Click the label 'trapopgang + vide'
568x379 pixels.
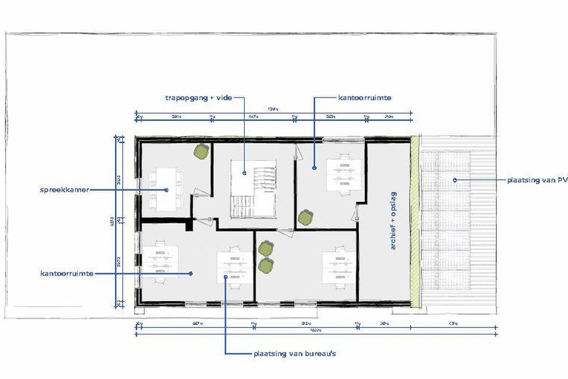click(x=199, y=97)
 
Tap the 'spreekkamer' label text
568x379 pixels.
click(x=65, y=189)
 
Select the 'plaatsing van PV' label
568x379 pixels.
click(x=537, y=179)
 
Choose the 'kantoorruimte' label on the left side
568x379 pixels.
click(x=66, y=273)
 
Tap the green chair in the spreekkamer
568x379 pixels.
click(x=202, y=151)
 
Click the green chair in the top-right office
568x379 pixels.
click(x=304, y=216)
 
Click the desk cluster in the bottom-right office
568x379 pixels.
click(x=335, y=267)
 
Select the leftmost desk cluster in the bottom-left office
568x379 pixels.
click(x=160, y=262)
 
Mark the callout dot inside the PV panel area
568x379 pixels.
click(x=454, y=179)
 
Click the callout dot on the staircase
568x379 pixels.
click(x=245, y=173)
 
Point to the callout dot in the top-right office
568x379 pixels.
click(x=315, y=168)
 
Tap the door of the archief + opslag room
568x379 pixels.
click(x=356, y=214)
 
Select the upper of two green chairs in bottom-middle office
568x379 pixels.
click(x=265, y=249)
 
